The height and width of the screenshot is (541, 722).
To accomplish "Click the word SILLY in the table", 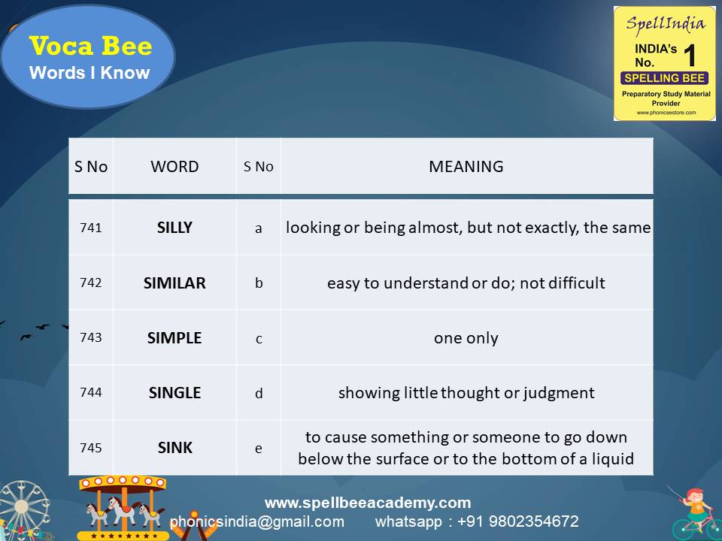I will pyautogui.click(x=174, y=228).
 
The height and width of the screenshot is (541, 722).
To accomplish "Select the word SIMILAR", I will pyautogui.click(x=174, y=283).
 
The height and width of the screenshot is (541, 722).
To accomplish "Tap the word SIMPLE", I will pyautogui.click(x=174, y=338).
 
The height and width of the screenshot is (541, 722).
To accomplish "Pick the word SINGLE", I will pyautogui.click(x=174, y=392).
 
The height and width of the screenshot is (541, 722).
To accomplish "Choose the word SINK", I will pyautogui.click(x=174, y=448).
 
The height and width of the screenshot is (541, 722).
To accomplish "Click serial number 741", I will pyautogui.click(x=90, y=228).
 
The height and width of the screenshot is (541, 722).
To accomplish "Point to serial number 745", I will pyautogui.click(x=90, y=448).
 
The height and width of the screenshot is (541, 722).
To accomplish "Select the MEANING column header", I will pyautogui.click(x=466, y=167).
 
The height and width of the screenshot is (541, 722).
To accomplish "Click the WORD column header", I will pyautogui.click(x=174, y=167).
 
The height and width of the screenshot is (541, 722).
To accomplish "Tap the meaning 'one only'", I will pyautogui.click(x=466, y=338).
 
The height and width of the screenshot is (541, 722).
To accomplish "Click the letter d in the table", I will pyautogui.click(x=259, y=393).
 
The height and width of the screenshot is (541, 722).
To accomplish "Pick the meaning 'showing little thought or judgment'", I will pyautogui.click(x=466, y=392).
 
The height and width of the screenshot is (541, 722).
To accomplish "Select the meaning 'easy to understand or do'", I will pyautogui.click(x=466, y=283).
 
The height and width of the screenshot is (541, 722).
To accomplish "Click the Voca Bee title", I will pyautogui.click(x=90, y=47).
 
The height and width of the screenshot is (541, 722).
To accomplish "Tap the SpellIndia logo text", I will pyautogui.click(x=665, y=23).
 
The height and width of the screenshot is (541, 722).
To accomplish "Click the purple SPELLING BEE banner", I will pyautogui.click(x=665, y=78).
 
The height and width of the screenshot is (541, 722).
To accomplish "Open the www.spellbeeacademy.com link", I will pyautogui.click(x=368, y=503).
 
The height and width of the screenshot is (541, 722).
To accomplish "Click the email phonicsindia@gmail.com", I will pyautogui.click(x=257, y=521).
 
